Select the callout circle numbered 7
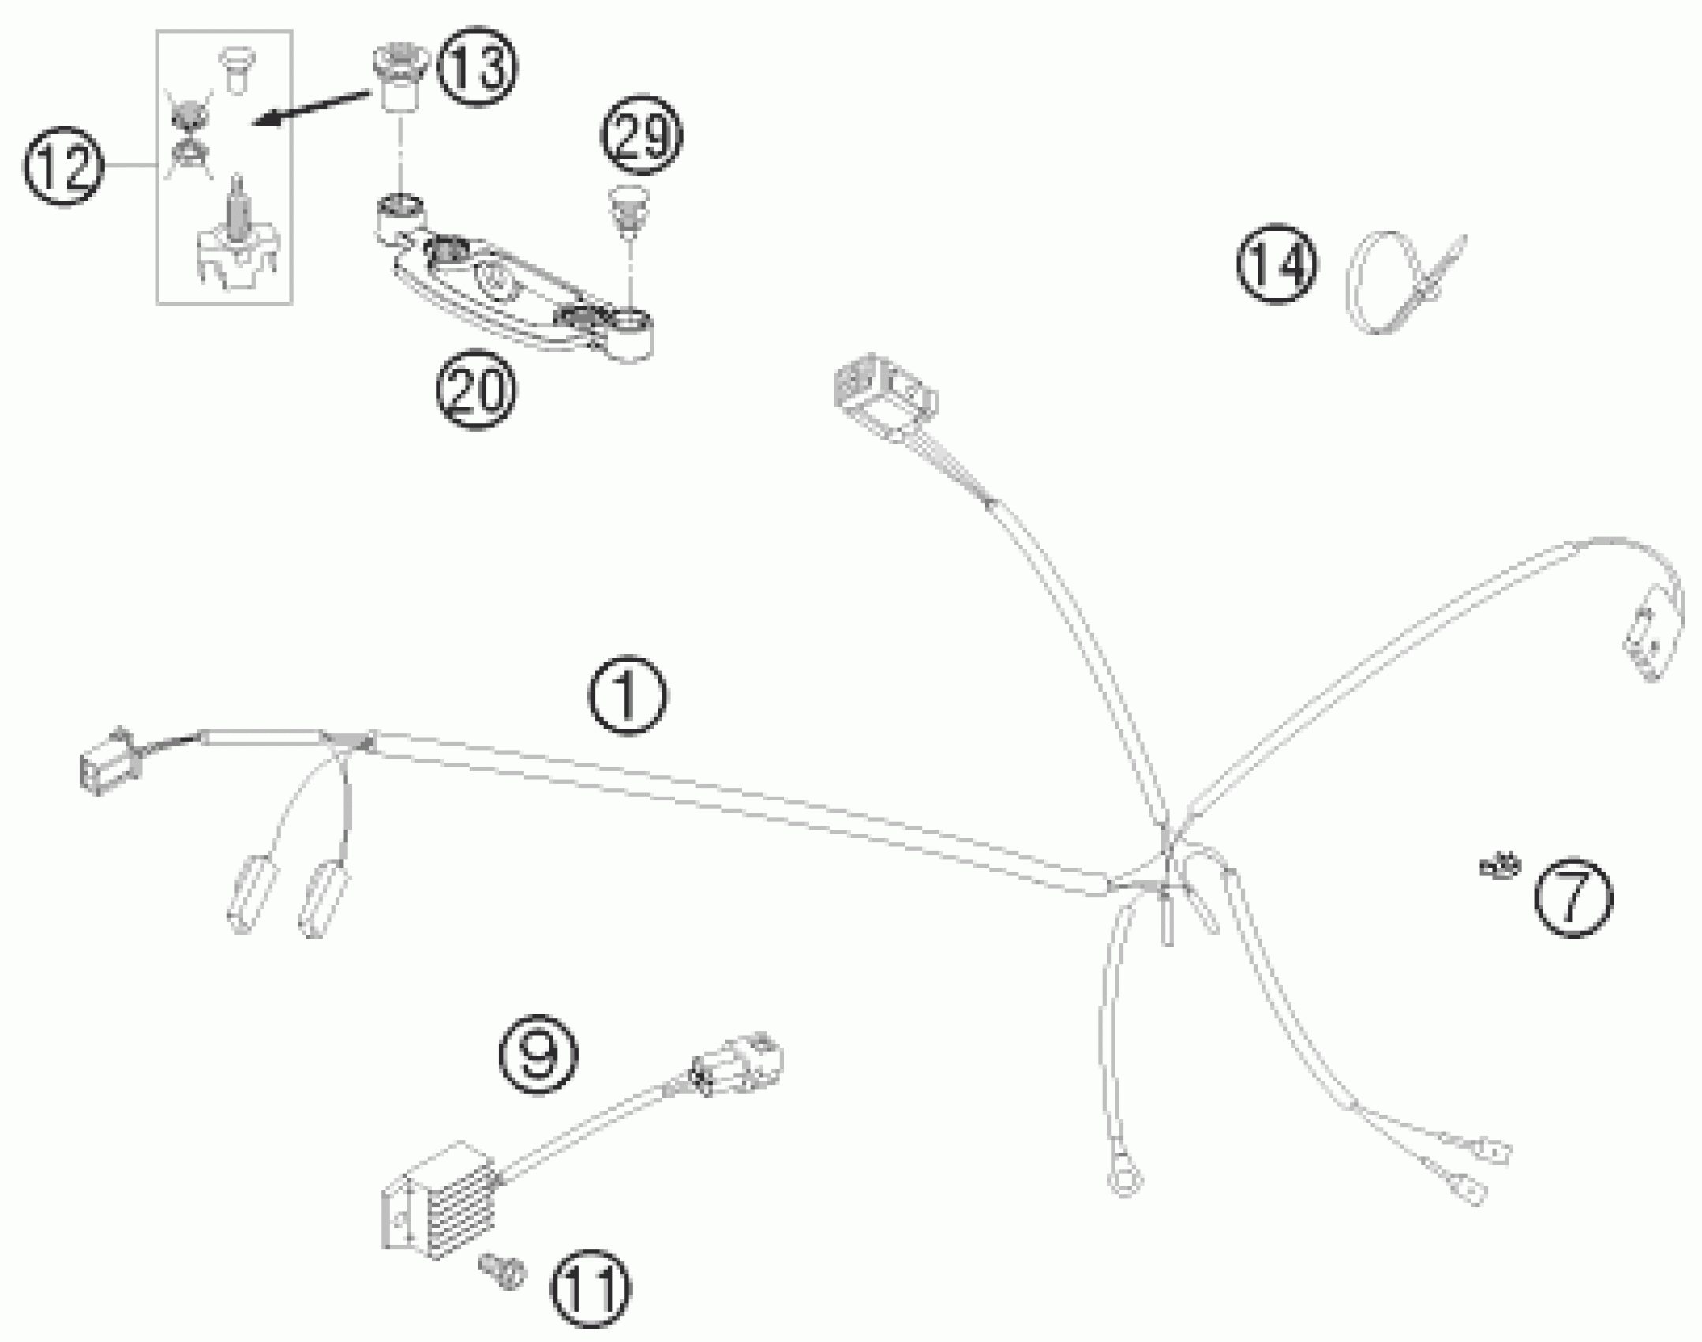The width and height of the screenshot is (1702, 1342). (x=1573, y=898)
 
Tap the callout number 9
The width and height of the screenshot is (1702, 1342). (x=538, y=1055)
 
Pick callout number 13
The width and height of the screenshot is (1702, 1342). (x=478, y=67)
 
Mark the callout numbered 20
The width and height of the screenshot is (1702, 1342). (x=476, y=390)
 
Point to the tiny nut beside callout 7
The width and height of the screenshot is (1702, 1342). (x=1499, y=866)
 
